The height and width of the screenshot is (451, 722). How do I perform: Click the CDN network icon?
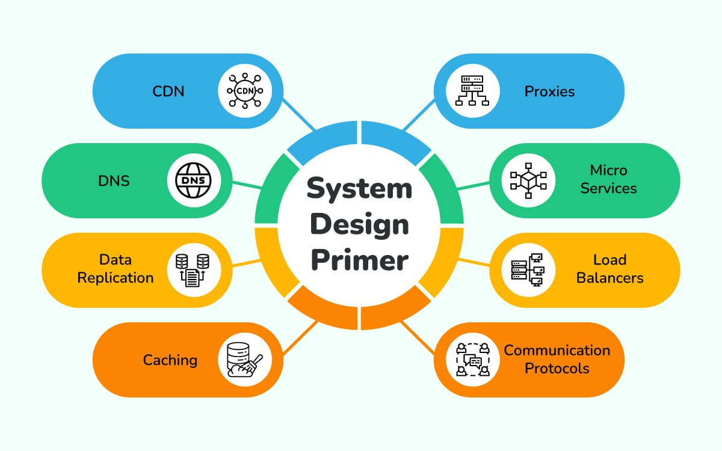click(245, 91)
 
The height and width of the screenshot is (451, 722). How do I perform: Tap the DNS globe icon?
click(194, 180)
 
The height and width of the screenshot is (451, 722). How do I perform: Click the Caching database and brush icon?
click(245, 360)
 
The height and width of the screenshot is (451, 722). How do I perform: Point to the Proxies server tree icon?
click(472, 91)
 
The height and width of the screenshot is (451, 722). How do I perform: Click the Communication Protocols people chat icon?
click(472, 360)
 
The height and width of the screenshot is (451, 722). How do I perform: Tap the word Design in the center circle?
click(359, 226)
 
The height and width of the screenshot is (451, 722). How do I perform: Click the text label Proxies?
click(549, 91)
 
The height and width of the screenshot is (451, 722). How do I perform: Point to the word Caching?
click(170, 360)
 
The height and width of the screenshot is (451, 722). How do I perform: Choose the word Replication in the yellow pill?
click(116, 278)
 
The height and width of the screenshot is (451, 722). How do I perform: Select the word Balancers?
click(609, 278)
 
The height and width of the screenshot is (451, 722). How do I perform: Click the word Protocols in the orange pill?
click(557, 368)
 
